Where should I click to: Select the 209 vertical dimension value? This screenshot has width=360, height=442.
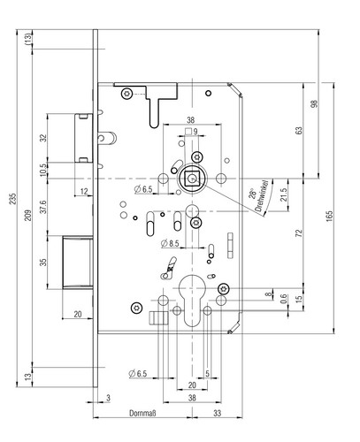coord(27,216)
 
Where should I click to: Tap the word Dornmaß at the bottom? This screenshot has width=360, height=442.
coord(142,413)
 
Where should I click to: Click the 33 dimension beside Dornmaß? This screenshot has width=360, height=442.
coord(218,413)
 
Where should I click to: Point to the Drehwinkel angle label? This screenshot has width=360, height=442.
coord(262,196)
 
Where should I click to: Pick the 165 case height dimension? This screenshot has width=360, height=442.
coord(329,216)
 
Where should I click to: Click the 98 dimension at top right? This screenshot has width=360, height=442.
coord(315,103)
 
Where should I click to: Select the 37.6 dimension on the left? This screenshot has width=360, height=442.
coord(43,206)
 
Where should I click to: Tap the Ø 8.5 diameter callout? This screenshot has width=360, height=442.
coord(170,244)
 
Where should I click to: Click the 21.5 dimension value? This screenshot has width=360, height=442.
coord(283,194)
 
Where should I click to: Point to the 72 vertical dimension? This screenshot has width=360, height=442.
coord(299,233)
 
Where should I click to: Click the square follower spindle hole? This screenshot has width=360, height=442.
coord(192,179)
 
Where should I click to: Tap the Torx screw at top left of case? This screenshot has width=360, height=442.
coord(127,94)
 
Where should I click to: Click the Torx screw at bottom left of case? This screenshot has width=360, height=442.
coord(136,308)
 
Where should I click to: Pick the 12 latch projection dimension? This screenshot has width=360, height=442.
coord(84,192)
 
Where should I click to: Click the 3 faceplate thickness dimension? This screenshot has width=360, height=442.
coord(108,398)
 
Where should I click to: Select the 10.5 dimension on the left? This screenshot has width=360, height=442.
coord(43,171)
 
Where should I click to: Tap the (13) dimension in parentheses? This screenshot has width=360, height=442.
coord(28,39)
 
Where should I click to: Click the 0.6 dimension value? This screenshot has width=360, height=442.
coord(283,299)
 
